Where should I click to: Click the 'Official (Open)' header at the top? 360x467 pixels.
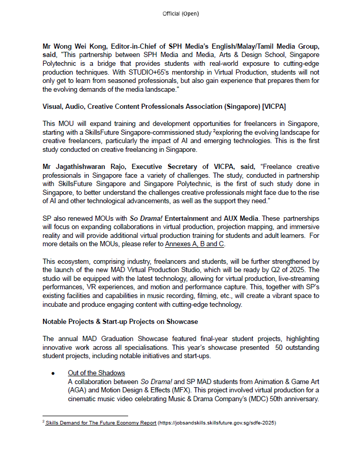coord(180,13)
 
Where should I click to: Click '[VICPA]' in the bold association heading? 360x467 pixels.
coord(272,106)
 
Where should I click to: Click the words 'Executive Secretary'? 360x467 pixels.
coord(165,166)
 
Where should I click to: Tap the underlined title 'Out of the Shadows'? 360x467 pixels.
coord(96,373)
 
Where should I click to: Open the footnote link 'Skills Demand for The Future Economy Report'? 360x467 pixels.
coord(101,423)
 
